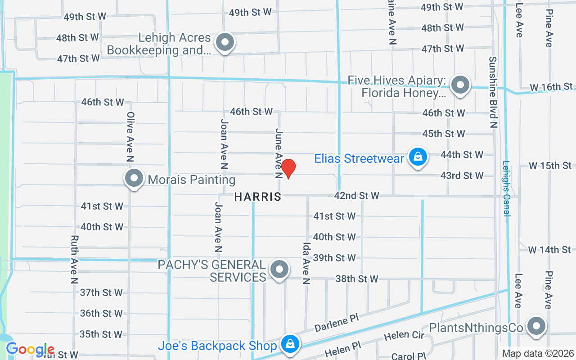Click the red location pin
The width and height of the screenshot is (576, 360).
[288, 168]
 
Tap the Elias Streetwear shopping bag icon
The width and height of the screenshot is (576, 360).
[418, 157]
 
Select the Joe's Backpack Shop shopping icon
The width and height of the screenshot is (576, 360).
[290, 344]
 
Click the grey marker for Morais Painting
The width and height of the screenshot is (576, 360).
[134, 178]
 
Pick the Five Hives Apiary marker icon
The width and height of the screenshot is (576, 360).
[460, 85]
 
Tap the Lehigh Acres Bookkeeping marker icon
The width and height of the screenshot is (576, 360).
[225, 43]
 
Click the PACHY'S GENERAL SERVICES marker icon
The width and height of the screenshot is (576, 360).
[279, 270]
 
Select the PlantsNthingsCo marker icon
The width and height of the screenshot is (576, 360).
[536, 326]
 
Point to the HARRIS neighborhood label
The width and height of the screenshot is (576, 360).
[258, 197]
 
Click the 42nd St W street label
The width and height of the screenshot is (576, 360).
[356, 195]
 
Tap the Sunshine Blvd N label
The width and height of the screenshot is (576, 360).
[493, 92]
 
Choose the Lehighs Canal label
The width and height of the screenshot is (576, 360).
[507, 189]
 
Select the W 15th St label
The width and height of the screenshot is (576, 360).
[550, 166]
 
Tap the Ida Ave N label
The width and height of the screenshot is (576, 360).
[306, 264]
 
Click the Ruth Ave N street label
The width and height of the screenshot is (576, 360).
[75, 259]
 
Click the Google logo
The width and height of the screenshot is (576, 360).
[30, 349]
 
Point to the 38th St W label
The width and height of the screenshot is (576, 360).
[357, 279]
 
